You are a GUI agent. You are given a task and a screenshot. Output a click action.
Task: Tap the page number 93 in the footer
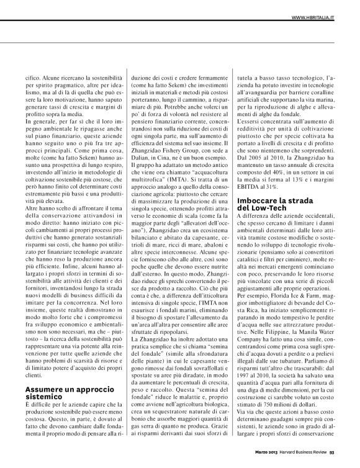(x=349, y=460)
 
